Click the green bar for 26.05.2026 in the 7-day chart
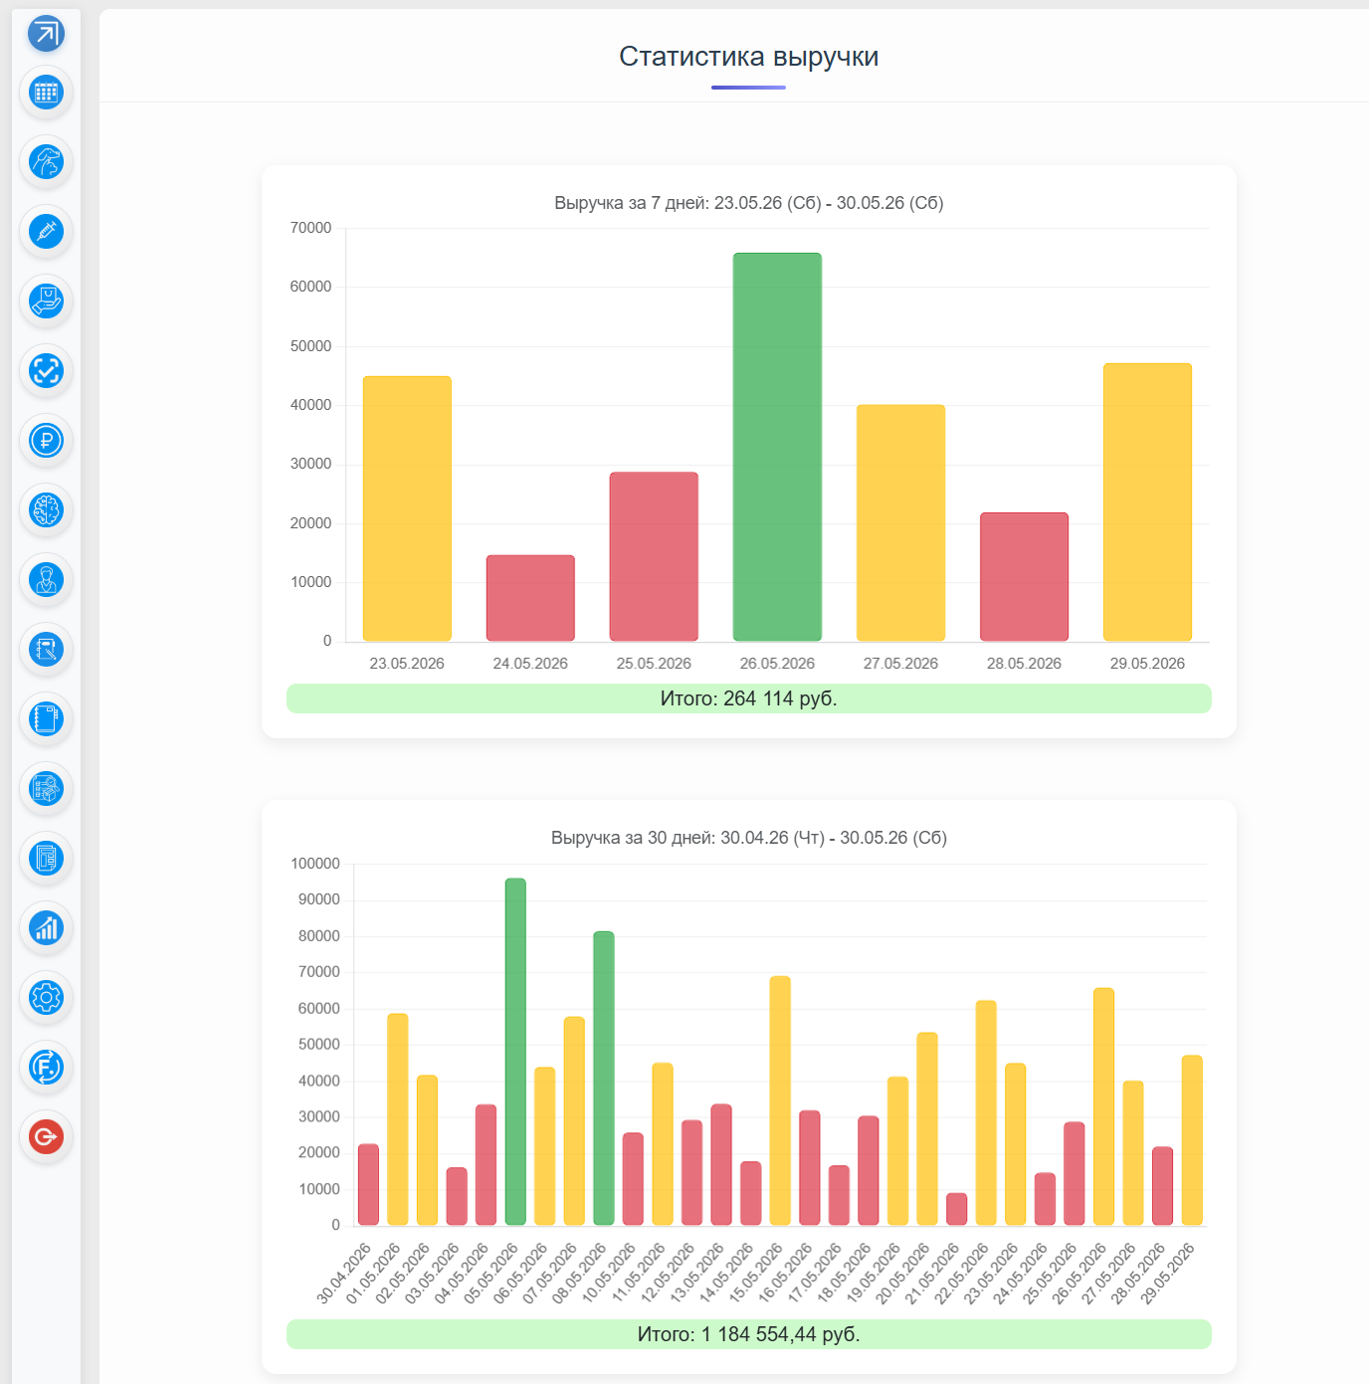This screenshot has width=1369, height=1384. click(777, 446)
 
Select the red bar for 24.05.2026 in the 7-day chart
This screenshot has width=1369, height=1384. click(530, 598)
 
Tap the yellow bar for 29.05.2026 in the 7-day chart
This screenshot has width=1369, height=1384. click(1147, 502)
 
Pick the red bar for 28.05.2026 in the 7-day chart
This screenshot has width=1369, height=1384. click(1024, 577)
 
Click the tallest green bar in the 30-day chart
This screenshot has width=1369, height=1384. click(515, 1052)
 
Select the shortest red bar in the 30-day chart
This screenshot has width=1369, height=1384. click(957, 1209)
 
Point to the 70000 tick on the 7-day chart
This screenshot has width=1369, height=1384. click(310, 228)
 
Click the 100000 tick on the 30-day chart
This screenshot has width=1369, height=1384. click(314, 864)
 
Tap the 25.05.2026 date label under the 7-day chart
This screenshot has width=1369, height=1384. click(654, 664)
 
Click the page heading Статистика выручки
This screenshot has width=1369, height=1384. click(748, 56)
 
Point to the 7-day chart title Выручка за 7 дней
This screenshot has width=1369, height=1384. click(630, 203)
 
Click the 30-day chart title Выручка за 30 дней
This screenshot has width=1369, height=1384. click(633, 838)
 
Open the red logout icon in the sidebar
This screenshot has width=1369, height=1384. click(46, 1137)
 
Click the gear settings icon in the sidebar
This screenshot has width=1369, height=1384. click(46, 998)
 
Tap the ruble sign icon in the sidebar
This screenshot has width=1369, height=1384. click(46, 440)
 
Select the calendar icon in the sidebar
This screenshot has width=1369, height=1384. click(46, 92)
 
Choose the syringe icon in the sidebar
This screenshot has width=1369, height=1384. click(46, 231)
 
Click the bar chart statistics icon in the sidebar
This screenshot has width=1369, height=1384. click(46, 928)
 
